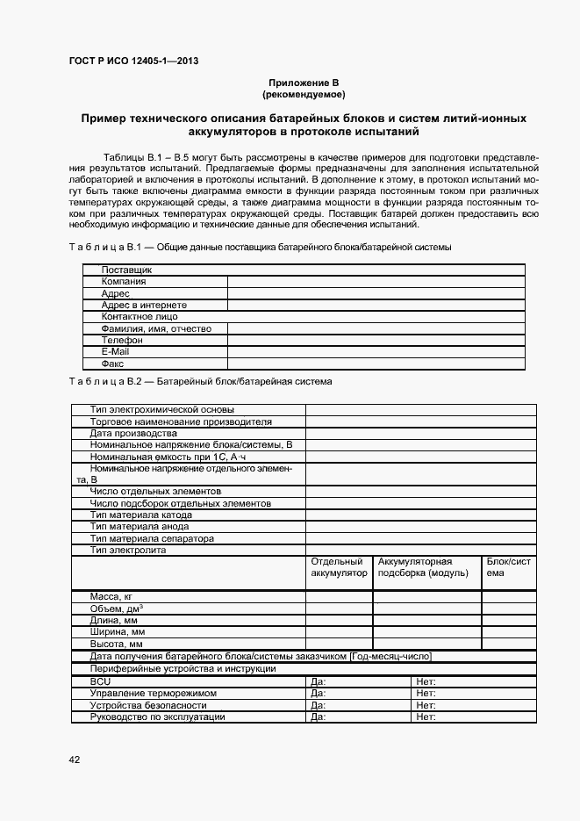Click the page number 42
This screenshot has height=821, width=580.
(x=75, y=760)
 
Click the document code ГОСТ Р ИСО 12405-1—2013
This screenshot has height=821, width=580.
(x=132, y=59)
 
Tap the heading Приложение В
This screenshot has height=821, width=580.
(x=304, y=82)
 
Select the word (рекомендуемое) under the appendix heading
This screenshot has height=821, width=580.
(x=304, y=93)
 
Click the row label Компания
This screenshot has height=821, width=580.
(x=124, y=282)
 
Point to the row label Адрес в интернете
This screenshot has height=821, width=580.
(x=139, y=305)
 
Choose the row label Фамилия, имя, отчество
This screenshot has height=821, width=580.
(x=157, y=328)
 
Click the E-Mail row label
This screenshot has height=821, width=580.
(x=116, y=351)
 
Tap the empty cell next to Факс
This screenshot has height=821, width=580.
(x=376, y=363)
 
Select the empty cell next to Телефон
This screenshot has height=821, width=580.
(x=376, y=340)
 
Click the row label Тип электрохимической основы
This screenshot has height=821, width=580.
(x=162, y=409)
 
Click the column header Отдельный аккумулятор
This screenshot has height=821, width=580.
(x=339, y=567)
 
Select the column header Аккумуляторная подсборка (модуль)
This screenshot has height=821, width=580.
(x=426, y=567)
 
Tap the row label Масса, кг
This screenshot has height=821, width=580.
(x=111, y=597)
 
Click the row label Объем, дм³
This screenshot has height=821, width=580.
(x=117, y=609)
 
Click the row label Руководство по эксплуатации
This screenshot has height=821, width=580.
(x=158, y=717)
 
